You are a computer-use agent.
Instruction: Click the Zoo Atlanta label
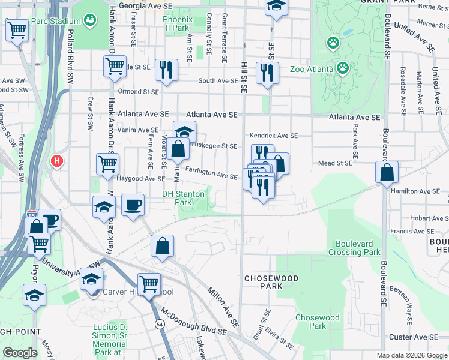pos(312,69)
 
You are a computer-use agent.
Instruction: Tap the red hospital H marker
pos(57,161)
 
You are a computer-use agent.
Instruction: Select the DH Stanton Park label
pos(184,198)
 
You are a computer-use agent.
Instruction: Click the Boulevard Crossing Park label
pos(355,248)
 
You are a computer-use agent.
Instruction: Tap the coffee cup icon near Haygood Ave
pos(133,205)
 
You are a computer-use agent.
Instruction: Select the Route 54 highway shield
pos(159,323)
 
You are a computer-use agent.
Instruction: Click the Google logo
pos(20,353)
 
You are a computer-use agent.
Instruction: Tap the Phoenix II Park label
pos(177,23)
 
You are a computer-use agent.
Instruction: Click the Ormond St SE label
pos(138,92)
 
